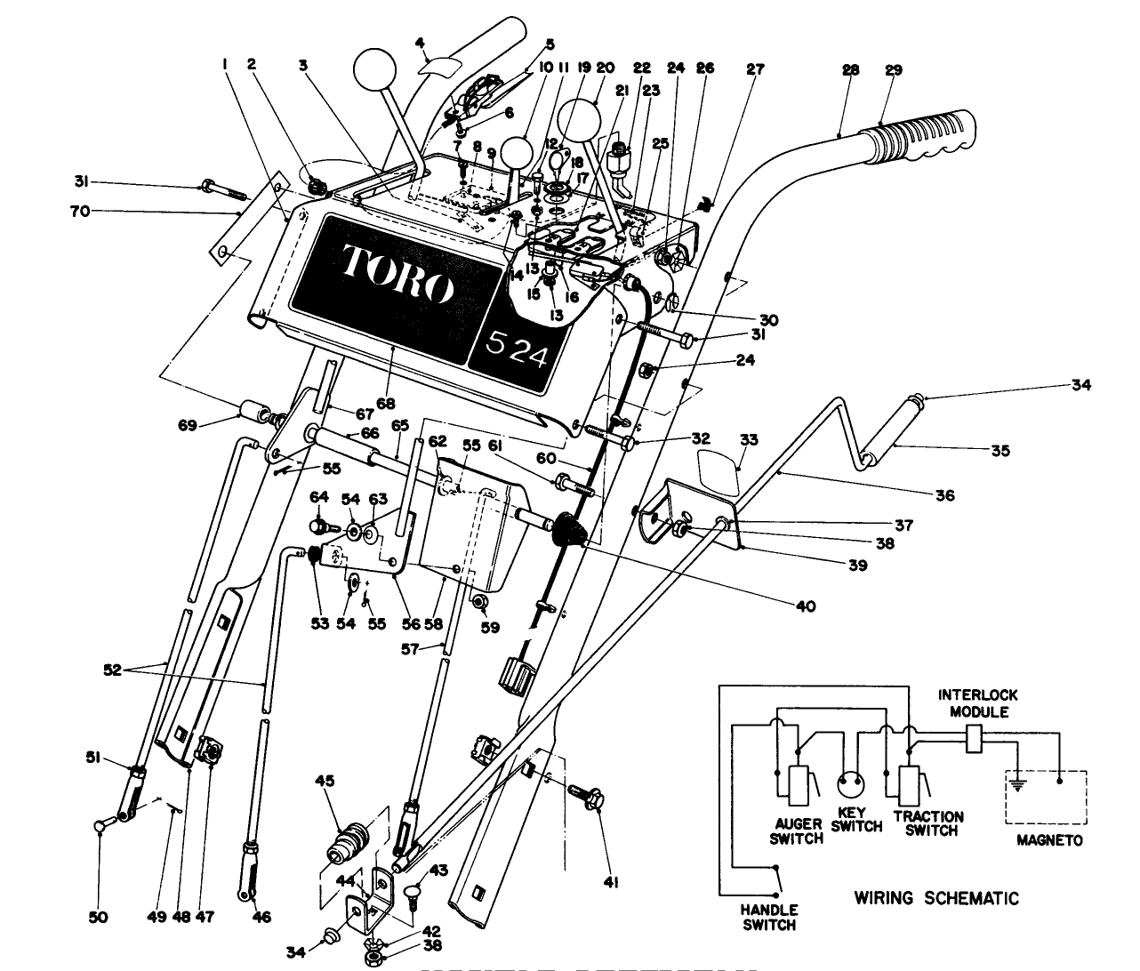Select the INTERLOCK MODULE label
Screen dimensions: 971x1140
[x=979, y=703]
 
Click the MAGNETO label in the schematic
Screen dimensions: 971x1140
[x=1050, y=840]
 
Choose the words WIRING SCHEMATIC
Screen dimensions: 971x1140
[x=936, y=897]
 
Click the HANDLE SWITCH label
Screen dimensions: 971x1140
[x=769, y=918]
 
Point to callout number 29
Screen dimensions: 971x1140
[x=894, y=70]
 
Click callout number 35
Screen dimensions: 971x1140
[x=1000, y=451]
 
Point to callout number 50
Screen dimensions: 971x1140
[x=99, y=918]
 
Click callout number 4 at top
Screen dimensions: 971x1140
[x=420, y=41]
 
